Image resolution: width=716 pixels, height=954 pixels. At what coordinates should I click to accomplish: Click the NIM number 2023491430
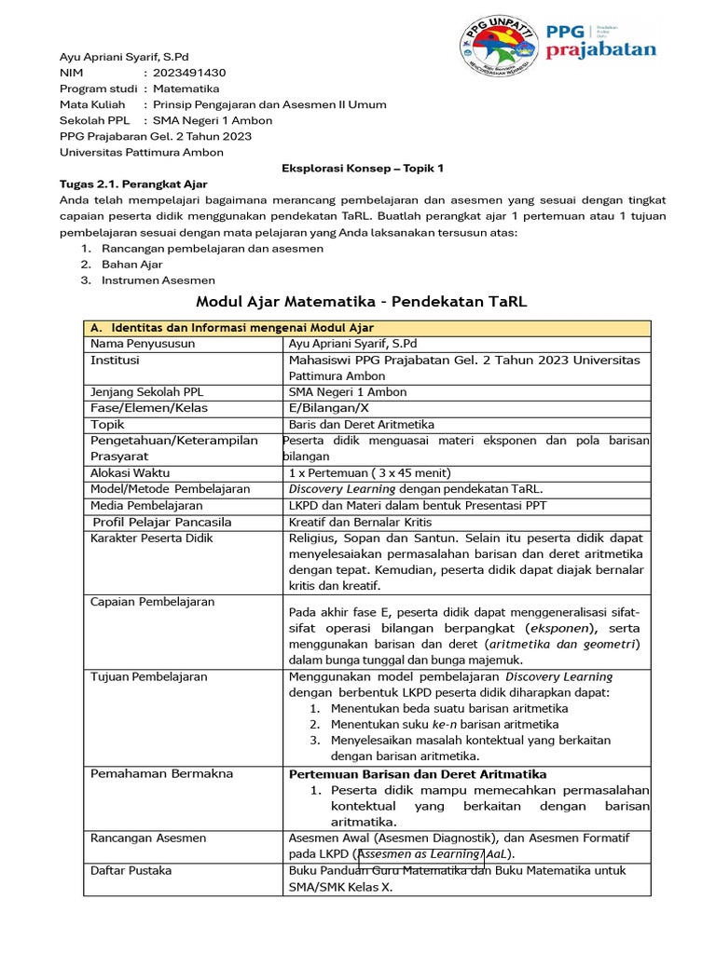[189, 72]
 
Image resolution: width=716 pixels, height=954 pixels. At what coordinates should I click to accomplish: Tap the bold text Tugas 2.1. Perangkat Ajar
[133, 184]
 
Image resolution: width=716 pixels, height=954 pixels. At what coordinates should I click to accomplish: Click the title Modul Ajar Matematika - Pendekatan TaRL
[362, 302]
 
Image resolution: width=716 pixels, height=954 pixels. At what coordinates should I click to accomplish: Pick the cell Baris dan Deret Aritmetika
[355, 424]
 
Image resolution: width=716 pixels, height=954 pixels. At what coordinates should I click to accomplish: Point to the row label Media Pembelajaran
[145, 505]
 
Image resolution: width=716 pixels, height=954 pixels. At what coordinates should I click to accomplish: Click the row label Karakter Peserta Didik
[152, 538]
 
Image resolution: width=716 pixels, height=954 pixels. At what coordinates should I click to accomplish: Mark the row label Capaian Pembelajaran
[152, 602]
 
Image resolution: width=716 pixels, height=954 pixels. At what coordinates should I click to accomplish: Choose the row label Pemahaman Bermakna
[162, 773]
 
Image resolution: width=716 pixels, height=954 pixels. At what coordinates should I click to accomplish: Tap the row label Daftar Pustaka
[131, 870]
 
